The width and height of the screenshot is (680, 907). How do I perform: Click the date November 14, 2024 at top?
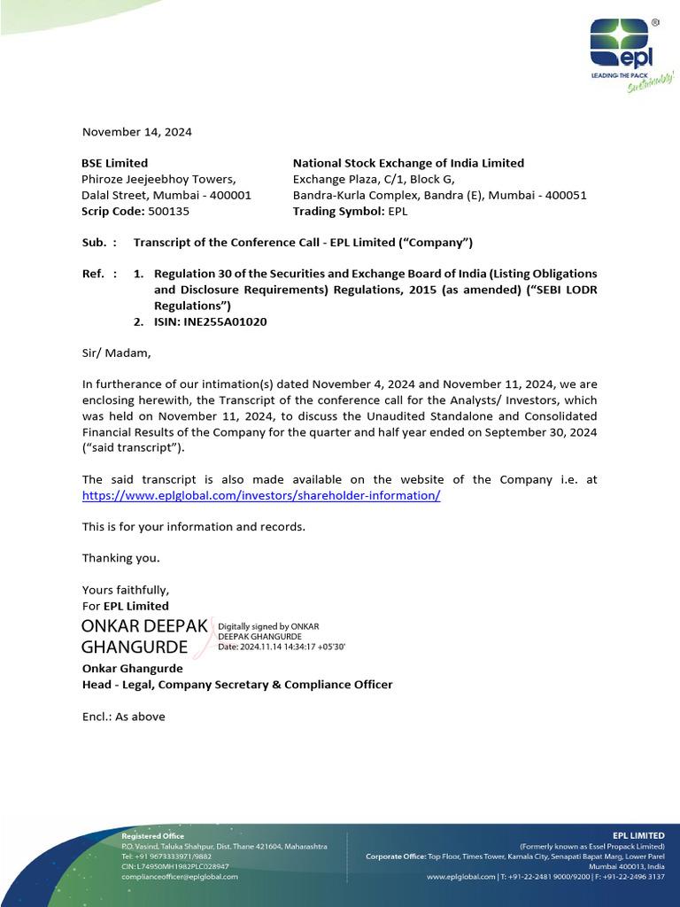(136, 132)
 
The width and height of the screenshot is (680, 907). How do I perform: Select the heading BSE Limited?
(115, 163)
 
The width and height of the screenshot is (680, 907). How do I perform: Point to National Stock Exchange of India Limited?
(408, 163)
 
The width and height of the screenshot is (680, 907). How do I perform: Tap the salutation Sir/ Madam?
(117, 353)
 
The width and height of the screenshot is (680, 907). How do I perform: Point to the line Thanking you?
(121, 558)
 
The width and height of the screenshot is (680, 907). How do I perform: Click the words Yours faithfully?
(125, 590)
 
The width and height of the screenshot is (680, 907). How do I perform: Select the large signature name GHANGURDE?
(135, 647)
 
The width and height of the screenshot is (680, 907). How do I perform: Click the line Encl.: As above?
(123, 717)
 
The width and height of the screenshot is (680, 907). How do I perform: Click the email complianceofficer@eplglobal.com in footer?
(180, 876)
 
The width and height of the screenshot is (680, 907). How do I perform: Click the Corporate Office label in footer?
(396, 857)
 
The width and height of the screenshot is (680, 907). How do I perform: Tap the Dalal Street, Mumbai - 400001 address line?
(166, 196)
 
